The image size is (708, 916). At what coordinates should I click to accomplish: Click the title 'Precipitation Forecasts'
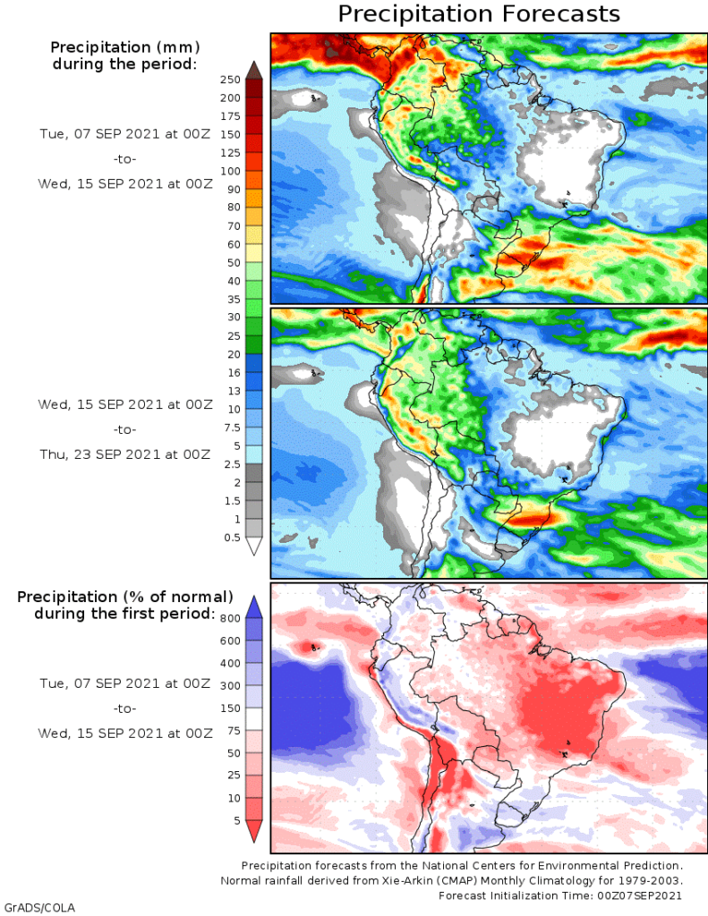click(478, 14)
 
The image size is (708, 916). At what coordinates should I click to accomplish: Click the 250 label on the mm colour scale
click(230, 79)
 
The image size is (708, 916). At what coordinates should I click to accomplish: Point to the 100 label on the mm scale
click(230, 170)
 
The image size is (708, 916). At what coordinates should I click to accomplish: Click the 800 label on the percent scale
click(231, 617)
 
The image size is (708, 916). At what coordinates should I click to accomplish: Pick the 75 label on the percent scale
click(234, 730)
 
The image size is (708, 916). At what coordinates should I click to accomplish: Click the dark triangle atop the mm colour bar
click(253, 69)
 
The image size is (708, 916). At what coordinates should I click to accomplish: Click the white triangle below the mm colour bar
click(253, 546)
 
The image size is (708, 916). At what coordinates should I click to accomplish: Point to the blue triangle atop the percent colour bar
click(253, 606)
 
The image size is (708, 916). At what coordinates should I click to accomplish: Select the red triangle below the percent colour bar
click(253, 831)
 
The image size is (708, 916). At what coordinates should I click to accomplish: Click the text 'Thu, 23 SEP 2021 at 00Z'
click(124, 454)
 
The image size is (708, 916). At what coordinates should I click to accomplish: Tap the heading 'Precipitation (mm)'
click(124, 47)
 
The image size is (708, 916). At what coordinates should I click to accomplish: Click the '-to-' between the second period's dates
click(124, 429)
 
